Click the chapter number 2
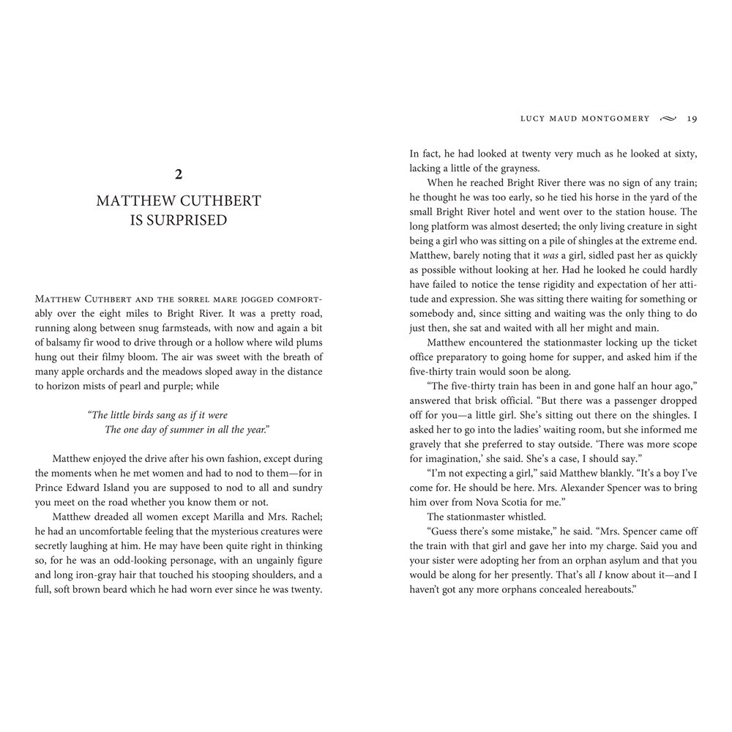(x=178, y=174)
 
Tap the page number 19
(x=691, y=118)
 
